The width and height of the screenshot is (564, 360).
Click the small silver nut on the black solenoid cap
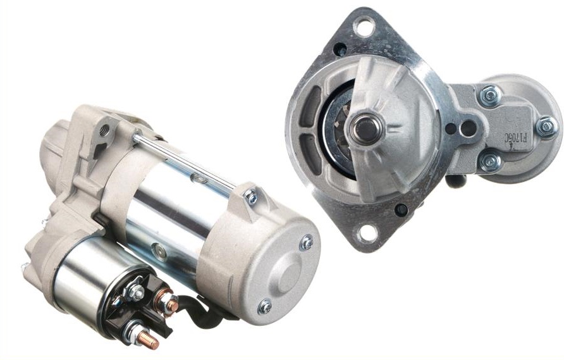tap(135, 292)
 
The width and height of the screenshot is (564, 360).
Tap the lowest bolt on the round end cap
tap(265, 307)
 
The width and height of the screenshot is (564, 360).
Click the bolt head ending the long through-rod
tap(251, 197)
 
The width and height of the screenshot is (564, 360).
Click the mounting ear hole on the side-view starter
tap(104, 132)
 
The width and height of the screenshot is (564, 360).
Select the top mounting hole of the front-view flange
tap(364, 27)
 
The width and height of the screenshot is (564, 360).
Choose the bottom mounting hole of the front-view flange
tap(366, 233)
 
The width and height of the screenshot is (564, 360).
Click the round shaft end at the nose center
tap(365, 129)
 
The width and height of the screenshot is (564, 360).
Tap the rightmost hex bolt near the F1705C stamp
tap(546, 127)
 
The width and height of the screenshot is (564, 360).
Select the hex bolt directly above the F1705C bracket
tap(489, 96)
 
